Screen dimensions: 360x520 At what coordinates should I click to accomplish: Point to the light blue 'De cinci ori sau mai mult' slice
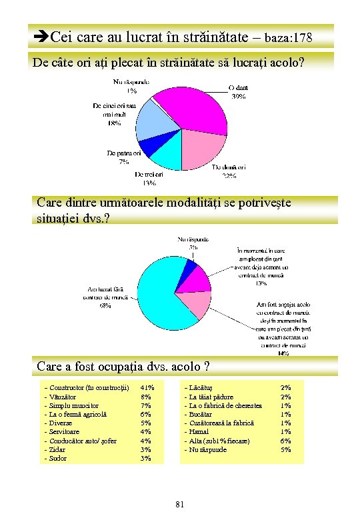point(151,122)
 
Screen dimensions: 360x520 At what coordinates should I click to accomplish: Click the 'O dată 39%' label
point(237,91)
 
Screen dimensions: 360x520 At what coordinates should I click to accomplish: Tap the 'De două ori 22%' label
point(229,171)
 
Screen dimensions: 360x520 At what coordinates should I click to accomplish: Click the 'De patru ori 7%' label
point(124,157)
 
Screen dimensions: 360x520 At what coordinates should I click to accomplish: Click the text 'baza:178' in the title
point(291,35)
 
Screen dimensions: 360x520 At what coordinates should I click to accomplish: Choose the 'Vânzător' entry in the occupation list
point(63,396)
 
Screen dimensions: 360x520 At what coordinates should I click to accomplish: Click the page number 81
point(179,503)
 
